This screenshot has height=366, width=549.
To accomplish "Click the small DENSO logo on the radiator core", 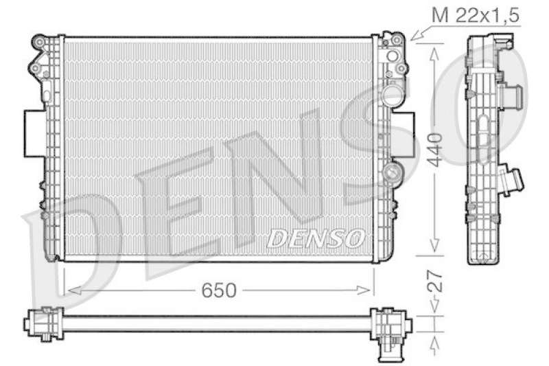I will click(315, 238).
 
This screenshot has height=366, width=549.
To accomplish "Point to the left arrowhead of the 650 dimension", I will click(69, 291).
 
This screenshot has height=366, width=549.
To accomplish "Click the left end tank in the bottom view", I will click(43, 323).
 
